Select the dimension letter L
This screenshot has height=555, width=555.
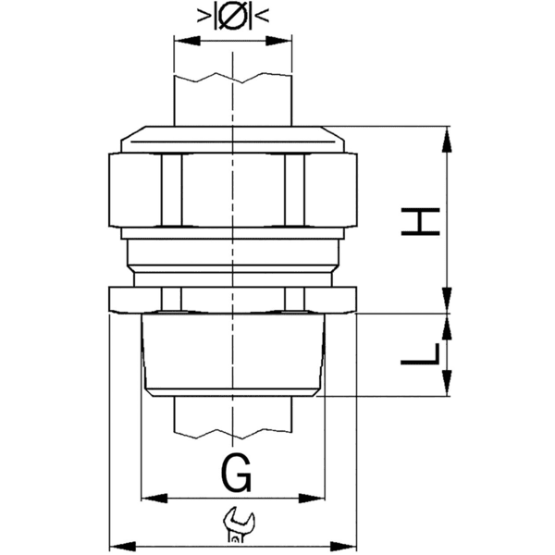pos(421,356)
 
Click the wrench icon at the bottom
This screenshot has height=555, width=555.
pos(237,525)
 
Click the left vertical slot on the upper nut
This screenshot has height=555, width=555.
pos(171,190)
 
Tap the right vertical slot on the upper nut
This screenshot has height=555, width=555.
pos(294,190)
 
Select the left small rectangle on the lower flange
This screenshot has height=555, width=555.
pos(171,299)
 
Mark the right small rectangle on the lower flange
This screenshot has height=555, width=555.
pos(294,299)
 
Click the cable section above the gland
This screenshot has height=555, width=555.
pos(233,92)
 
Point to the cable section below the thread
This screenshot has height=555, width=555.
pos(233,416)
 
